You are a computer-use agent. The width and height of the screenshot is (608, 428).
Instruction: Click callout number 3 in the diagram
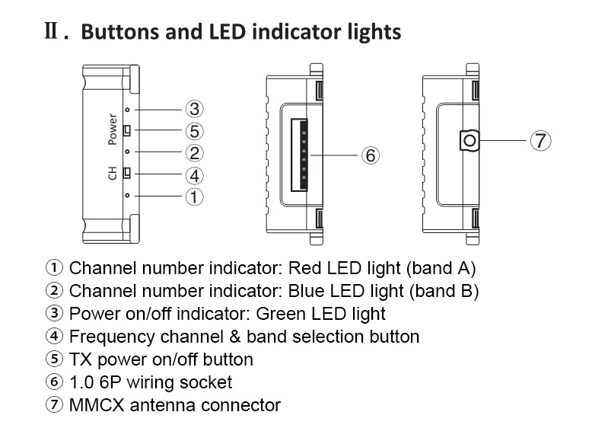coord(195,109)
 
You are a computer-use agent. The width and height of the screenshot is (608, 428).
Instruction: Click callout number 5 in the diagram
coord(195,131)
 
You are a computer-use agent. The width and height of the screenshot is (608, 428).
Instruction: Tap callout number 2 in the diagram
coord(195,152)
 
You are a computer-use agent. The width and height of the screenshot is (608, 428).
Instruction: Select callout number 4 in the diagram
coord(195,174)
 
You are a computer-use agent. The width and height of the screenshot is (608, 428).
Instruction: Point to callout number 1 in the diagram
coord(195,196)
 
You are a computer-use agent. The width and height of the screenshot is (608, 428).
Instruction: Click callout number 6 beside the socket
coord(370,155)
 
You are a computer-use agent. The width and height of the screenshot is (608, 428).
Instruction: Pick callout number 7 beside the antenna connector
coord(540,140)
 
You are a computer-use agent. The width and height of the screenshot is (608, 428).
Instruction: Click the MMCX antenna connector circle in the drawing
coord(470,139)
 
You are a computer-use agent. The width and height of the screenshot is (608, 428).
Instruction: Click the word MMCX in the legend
coord(94,405)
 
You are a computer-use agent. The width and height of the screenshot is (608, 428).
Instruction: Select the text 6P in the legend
coord(108,382)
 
